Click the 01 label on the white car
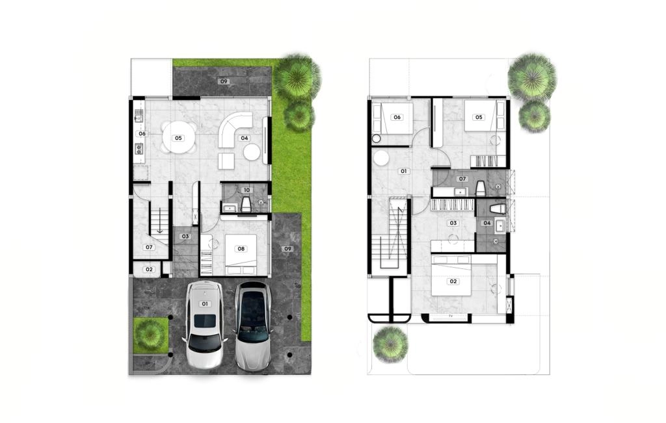(x=205, y=304)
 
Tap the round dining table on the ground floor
(x=178, y=138)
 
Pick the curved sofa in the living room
(x=234, y=130)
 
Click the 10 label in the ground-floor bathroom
(x=246, y=190)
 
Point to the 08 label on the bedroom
(x=241, y=249)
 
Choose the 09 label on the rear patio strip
(x=224, y=81)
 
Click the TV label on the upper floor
(x=451, y=316)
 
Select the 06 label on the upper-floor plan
(x=397, y=117)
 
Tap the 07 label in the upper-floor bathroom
(x=462, y=179)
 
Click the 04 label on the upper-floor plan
(x=486, y=223)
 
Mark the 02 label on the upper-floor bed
(x=453, y=281)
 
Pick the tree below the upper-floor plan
(x=390, y=344)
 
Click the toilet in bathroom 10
(x=246, y=204)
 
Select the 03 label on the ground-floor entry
(x=185, y=237)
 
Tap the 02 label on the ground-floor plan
(x=149, y=269)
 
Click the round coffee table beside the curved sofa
(x=252, y=152)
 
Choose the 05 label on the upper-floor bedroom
(x=479, y=117)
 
